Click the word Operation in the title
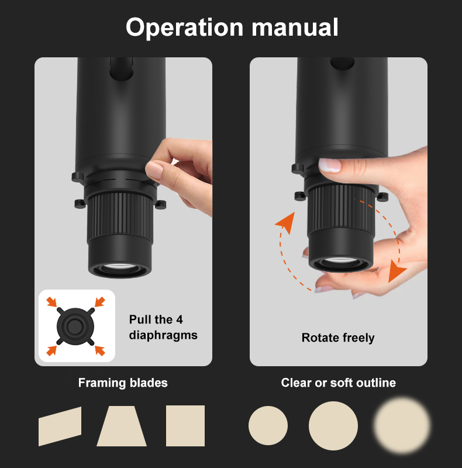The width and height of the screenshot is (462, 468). [x=184, y=27]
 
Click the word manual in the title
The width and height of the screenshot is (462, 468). [x=295, y=27]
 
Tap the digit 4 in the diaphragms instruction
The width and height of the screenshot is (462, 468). [x=179, y=319]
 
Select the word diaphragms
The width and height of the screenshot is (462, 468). [x=163, y=335]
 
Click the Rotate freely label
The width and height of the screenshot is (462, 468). [x=338, y=338]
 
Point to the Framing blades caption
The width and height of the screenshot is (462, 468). [x=123, y=383]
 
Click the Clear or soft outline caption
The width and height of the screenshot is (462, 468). [x=339, y=383]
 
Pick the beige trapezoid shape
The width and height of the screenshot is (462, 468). [x=122, y=426]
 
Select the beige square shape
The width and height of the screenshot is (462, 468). [x=185, y=426]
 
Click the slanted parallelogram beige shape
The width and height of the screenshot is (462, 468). [x=60, y=426]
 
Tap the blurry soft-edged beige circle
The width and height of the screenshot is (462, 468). [x=402, y=425]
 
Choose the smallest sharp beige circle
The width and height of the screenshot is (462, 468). [x=268, y=426]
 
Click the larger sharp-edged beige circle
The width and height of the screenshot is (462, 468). [x=333, y=426]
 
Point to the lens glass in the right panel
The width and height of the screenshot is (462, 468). [x=340, y=261]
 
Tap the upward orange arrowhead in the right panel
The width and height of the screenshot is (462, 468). [x=286, y=222]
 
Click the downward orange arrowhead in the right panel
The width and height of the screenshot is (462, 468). [x=396, y=271]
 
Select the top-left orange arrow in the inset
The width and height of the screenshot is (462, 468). [x=51, y=302]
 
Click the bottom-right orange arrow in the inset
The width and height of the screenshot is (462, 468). [x=100, y=350]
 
